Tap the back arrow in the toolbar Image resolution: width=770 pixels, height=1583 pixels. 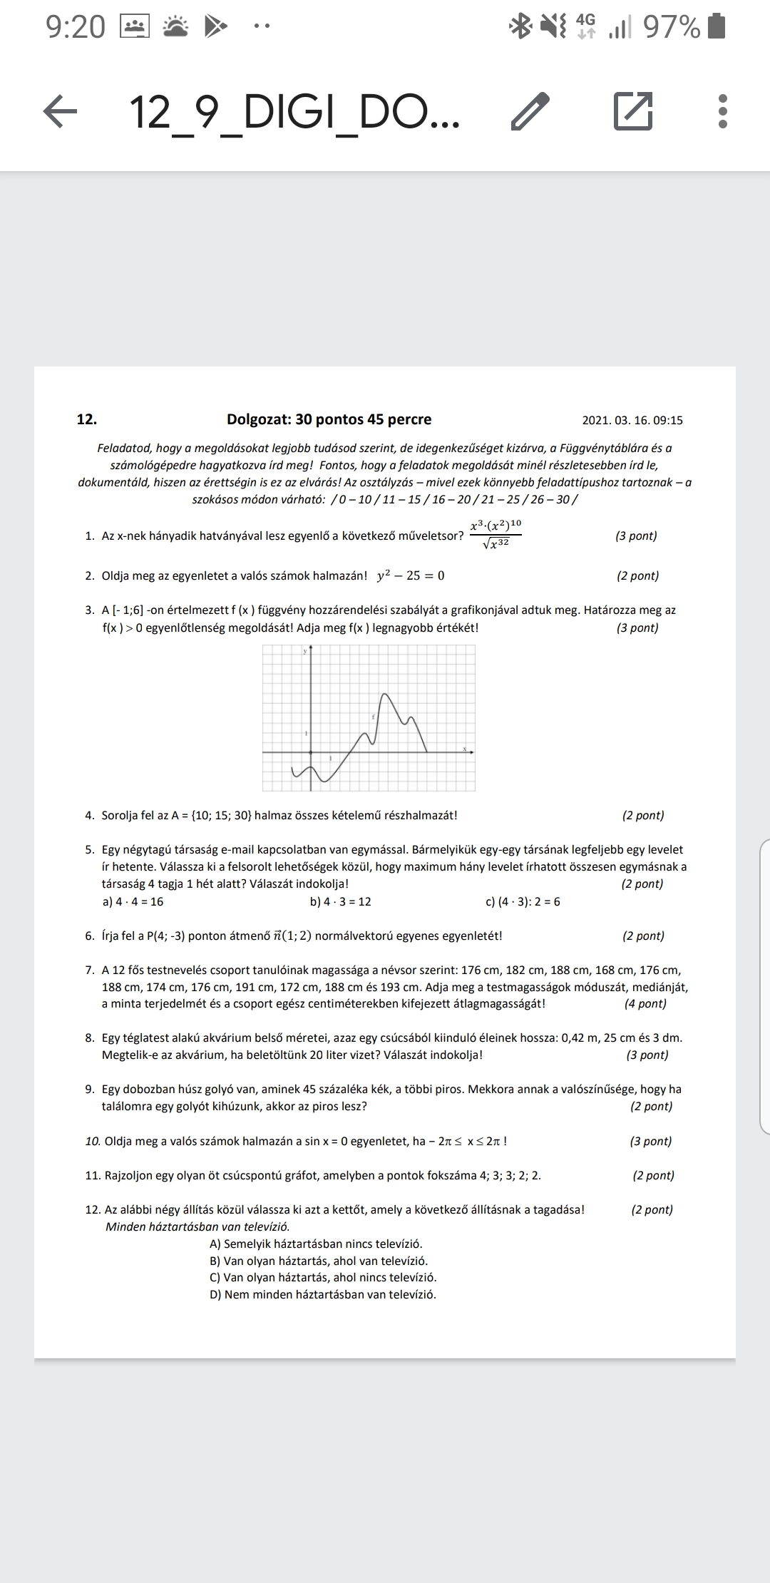pos(61,112)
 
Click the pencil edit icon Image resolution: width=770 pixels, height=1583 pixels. pos(530,112)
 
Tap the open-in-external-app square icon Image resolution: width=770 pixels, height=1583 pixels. pos(633,111)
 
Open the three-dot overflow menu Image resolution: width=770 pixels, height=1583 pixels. pos(722,112)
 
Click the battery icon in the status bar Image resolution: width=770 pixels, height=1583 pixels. pos(718,26)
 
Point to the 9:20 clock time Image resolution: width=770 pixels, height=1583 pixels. pos(76,27)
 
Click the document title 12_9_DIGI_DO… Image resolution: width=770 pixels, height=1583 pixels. pos(294,113)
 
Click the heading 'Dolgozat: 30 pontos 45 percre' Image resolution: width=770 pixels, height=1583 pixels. pos(329,419)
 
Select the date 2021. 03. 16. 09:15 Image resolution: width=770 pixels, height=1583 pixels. pos(632,420)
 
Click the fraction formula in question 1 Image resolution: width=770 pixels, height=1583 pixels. pos(496,534)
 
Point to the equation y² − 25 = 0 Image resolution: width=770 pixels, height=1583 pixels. pos(410,575)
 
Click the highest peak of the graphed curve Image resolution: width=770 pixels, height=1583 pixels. pos(385,693)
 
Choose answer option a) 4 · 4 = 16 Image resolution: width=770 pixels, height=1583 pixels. pos(133,901)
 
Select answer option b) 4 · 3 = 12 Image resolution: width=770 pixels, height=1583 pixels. pos(340,901)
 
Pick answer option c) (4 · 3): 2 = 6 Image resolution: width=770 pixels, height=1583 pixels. pos(523,901)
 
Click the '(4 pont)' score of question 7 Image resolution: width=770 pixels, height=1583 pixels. pos(645,1003)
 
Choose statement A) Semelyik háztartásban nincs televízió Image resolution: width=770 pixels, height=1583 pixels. pos(316,1244)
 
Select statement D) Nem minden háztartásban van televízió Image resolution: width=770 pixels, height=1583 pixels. pos(322,1294)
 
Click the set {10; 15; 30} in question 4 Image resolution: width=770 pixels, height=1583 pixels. pos(221,815)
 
